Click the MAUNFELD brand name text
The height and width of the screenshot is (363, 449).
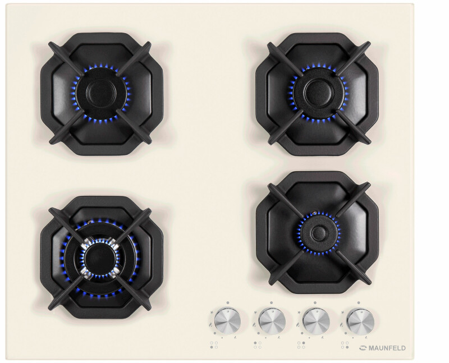387,348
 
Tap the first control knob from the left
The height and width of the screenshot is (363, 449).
227,320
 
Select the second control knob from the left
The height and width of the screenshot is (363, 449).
272,321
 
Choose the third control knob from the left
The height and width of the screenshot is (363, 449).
316,321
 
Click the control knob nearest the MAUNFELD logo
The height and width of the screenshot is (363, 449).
360,321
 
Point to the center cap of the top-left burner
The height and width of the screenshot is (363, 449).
101,93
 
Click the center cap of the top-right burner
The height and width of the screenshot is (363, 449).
319,92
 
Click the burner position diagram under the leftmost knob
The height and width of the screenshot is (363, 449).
214,345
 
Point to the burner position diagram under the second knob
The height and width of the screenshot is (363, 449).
258,345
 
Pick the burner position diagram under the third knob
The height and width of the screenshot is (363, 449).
301,345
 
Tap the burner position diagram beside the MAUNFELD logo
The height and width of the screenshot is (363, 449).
345,345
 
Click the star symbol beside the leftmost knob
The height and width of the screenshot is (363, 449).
212,313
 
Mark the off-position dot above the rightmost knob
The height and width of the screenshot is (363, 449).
359,303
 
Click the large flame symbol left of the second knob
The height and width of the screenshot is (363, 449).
254,325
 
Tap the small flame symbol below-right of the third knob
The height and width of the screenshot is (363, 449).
323,338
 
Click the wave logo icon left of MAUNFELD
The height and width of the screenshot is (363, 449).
363,348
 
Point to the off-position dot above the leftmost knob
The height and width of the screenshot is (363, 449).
228,302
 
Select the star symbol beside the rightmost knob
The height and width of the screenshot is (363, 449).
343,313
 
